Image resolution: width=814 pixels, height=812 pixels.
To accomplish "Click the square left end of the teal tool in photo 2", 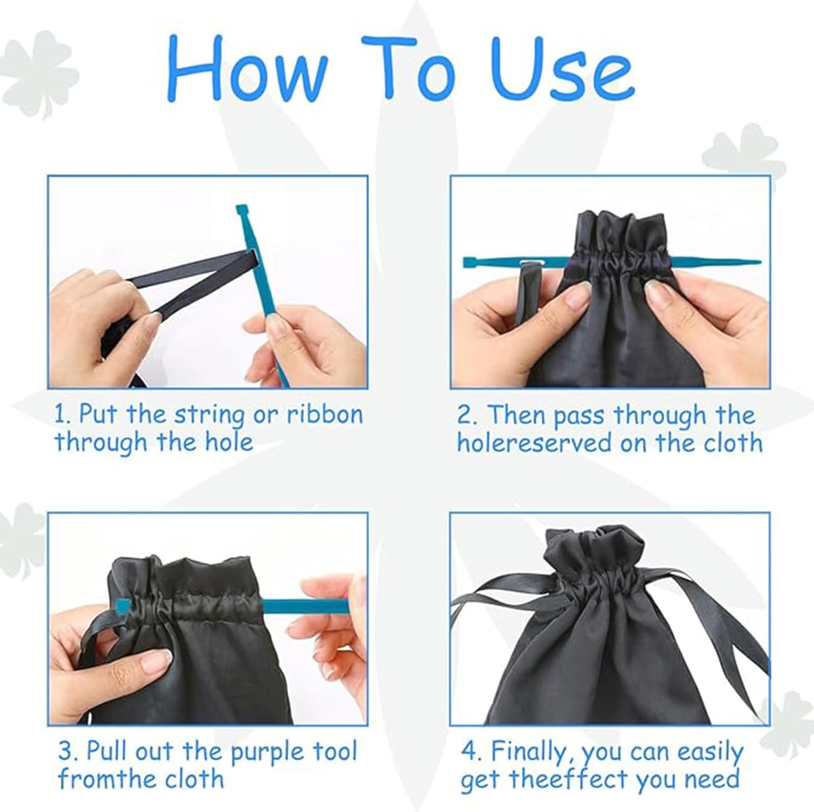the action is pos(471,263).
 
